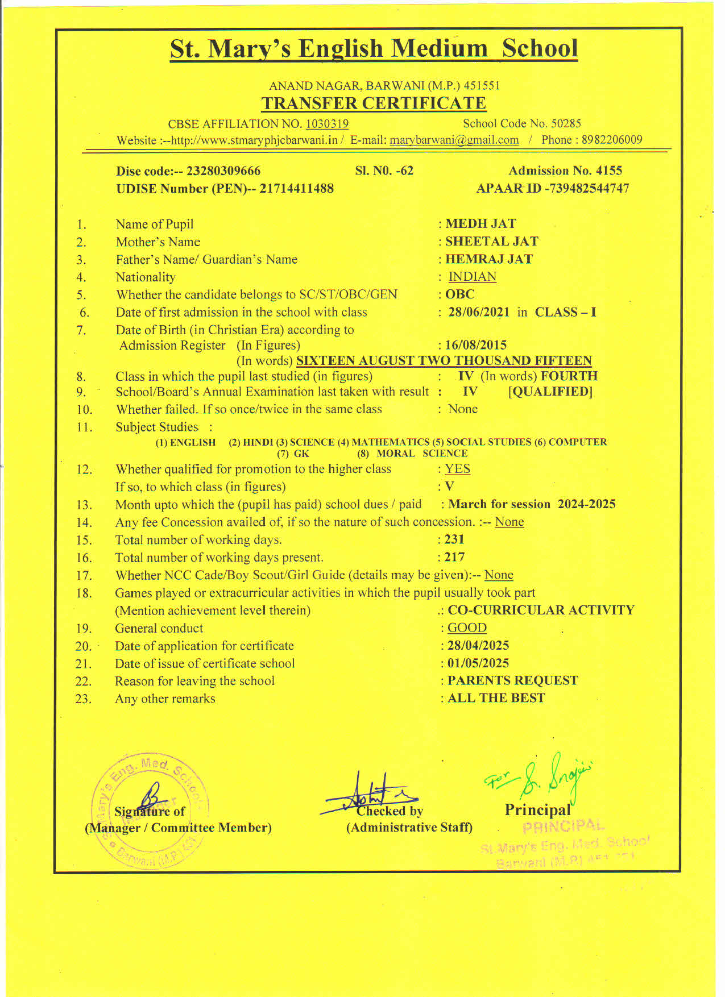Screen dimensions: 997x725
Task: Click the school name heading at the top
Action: [374, 49]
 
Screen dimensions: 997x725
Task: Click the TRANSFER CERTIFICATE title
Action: [374, 103]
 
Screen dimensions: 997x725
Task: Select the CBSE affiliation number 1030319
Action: [327, 124]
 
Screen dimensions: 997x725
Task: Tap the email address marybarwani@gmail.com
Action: [454, 140]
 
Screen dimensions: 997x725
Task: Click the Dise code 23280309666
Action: [223, 171]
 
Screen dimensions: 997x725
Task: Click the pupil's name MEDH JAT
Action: [480, 224]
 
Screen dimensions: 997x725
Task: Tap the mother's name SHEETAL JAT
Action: [491, 242]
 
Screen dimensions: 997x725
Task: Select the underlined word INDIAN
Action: [472, 277]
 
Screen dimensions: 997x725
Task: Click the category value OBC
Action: [460, 294]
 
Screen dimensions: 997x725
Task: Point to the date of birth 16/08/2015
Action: [475, 345]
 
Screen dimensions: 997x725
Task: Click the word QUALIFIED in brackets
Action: [550, 392]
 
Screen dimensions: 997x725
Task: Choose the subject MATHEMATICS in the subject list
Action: [390, 442]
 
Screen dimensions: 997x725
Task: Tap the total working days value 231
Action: [454, 539]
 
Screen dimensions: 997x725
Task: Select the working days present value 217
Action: [454, 557]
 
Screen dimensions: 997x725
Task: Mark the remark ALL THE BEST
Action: [496, 698]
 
